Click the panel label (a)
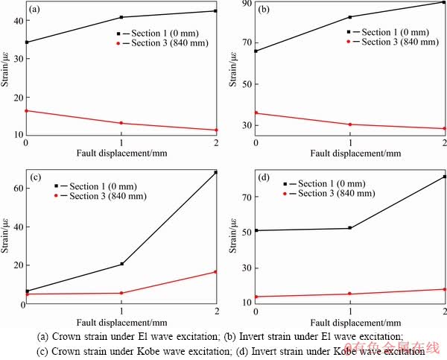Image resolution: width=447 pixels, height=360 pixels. [34, 10]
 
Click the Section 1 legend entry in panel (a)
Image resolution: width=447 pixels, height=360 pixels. [161, 34]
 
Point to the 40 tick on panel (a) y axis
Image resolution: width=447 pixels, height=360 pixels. [18, 22]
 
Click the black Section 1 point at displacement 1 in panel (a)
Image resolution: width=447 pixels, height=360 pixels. [121, 17]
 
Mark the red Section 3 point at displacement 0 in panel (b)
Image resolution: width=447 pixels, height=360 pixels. [256, 113]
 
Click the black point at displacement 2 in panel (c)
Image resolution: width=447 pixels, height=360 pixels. [216, 173]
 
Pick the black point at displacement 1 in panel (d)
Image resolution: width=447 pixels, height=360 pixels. [350, 228]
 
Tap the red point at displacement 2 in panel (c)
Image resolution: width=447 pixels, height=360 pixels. [216, 272]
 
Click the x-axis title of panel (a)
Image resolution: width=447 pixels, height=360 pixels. [121, 153]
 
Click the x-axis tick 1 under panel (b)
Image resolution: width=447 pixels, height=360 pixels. [350, 142]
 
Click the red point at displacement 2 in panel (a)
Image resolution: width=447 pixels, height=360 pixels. [216, 130]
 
